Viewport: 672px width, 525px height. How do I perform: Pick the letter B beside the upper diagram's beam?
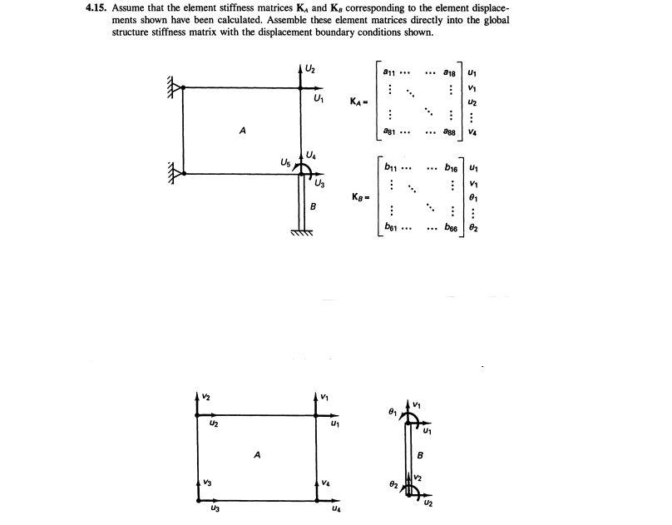click(313, 206)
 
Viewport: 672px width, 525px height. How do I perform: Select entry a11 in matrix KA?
click(388, 72)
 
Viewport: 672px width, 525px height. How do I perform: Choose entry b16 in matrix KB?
click(451, 168)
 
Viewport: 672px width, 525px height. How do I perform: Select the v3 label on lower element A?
click(209, 483)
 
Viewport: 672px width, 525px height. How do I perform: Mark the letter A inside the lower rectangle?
click(258, 454)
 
